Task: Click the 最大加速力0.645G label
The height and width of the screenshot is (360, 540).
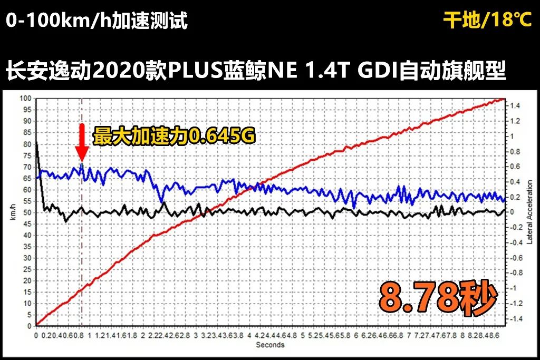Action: [174, 137]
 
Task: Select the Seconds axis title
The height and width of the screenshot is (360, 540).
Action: [270, 345]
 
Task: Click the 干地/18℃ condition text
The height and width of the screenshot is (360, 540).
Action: [487, 21]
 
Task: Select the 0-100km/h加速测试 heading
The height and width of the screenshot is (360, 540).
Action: [97, 22]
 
